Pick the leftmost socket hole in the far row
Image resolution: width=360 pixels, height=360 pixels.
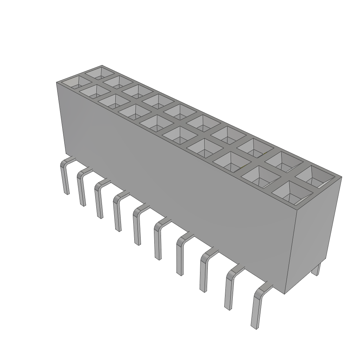(x=99, y=73)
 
